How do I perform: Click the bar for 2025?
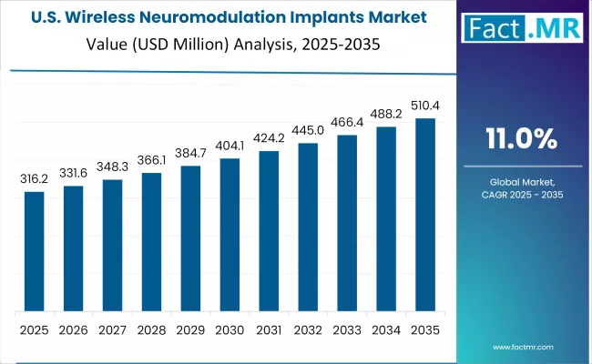tap(34, 250)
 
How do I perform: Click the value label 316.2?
tap(34, 180)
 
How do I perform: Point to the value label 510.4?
tap(425, 106)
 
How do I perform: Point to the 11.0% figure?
tap(522, 138)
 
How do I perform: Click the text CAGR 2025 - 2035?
tap(522, 194)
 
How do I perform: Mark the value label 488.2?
tap(386, 115)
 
